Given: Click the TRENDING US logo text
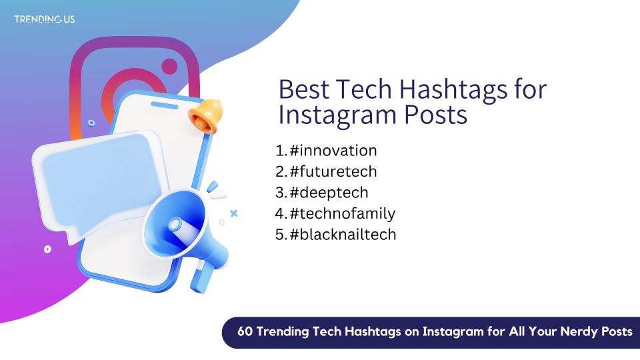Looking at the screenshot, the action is (x=45, y=19).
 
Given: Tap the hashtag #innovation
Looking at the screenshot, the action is (x=333, y=151).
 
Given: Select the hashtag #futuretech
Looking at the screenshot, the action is (x=333, y=171).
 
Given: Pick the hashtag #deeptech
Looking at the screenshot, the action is (x=329, y=193).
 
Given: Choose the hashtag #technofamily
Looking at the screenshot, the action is (x=343, y=213).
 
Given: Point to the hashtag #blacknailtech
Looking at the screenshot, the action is (x=343, y=234).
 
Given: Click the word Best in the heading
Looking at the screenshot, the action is (x=304, y=89).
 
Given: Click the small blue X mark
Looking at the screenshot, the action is (x=234, y=213).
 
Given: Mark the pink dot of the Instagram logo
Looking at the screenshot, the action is (x=169, y=67).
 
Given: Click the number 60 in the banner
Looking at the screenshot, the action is (x=245, y=331).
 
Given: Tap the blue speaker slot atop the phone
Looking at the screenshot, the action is (x=165, y=105).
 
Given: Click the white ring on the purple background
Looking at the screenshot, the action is (x=48, y=249).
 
